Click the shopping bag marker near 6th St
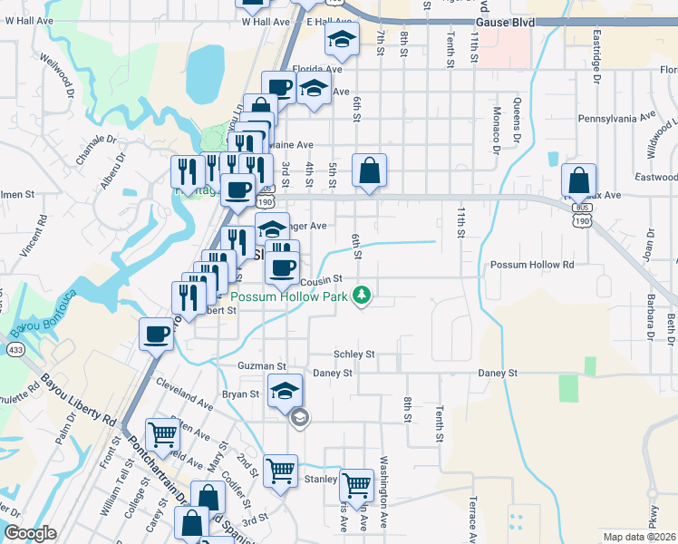(370, 170)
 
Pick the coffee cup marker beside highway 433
(156, 334)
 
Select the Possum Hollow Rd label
(532, 265)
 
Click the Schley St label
(354, 355)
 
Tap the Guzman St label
(262, 366)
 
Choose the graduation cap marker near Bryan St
(285, 391)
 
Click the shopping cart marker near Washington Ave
(357, 485)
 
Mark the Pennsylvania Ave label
(616, 117)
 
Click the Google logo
(30, 533)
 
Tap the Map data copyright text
(639, 537)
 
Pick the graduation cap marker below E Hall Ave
(342, 38)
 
